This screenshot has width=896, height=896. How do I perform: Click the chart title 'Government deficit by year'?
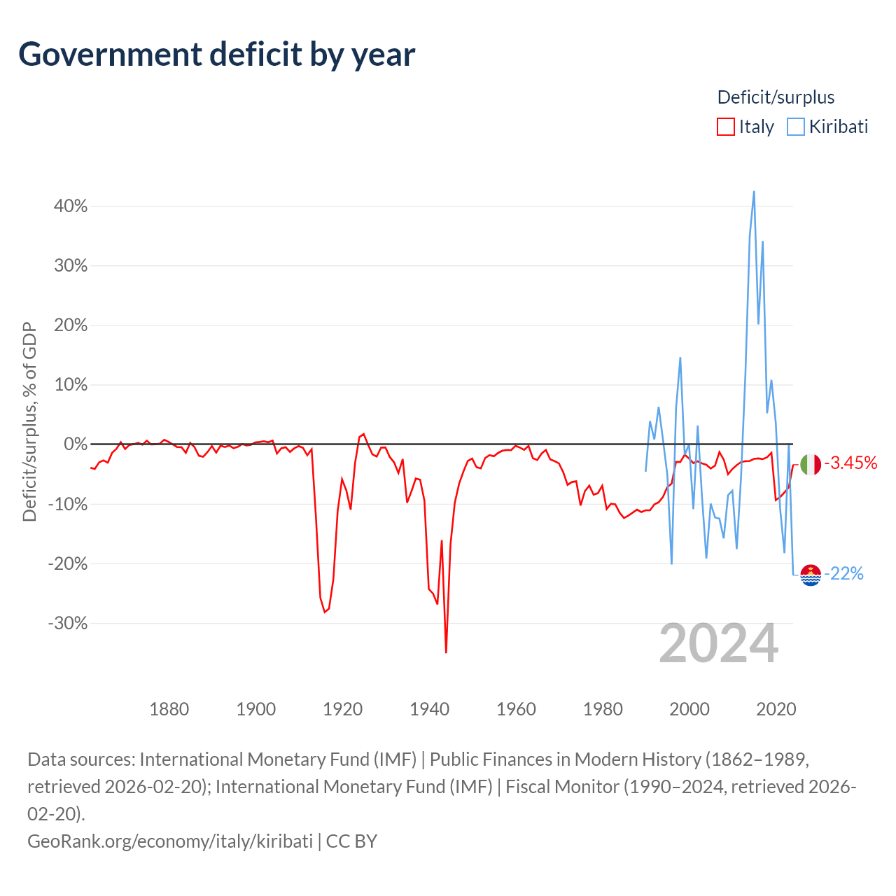point(216,55)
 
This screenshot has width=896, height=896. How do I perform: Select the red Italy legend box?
point(725,127)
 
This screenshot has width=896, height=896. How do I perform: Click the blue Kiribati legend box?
point(796,127)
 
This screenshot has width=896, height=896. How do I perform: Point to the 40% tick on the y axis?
point(70,206)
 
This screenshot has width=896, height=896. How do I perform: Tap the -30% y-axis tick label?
point(67,623)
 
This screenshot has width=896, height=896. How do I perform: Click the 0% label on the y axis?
point(76,444)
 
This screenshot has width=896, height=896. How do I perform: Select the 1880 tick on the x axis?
point(169,709)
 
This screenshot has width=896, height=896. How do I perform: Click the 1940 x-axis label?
point(429,709)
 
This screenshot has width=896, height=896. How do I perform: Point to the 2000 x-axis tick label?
point(689,709)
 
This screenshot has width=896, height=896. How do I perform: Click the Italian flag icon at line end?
point(811,465)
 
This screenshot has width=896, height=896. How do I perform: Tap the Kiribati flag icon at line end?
point(811,575)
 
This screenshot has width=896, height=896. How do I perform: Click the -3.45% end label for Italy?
point(850,463)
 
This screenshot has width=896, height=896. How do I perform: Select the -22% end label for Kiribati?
point(843,574)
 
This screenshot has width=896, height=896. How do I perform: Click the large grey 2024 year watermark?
point(718,643)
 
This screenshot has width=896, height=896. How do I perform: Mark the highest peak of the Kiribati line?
point(754,192)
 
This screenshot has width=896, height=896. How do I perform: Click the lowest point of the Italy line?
point(446,652)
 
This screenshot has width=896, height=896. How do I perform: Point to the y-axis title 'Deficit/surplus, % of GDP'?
point(29,421)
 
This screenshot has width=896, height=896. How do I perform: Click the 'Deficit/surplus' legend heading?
point(776,97)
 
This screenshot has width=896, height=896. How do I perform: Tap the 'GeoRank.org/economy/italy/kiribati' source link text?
point(170,841)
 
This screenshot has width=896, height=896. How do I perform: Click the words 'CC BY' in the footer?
point(351,841)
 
